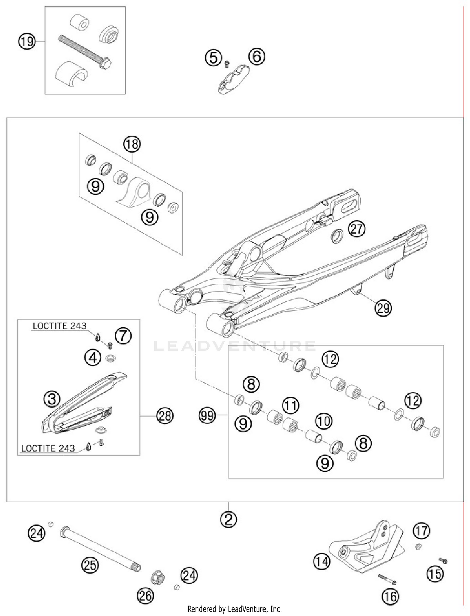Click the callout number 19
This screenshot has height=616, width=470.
coord(26,41)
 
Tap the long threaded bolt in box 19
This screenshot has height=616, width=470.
coord(84,52)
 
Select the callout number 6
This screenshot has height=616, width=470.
coord(257,57)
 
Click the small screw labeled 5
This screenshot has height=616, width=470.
coord(227,64)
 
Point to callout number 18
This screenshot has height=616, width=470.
coord(132,144)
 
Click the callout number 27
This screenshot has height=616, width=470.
coord(357,229)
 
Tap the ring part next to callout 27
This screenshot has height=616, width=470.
coord(337,236)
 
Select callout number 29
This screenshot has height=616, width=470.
coord(383,308)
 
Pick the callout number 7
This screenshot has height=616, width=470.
coord(123,336)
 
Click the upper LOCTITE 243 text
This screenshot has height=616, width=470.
coord(60,326)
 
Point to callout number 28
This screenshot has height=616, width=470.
coord(165,416)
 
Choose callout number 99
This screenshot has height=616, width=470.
coord(207,416)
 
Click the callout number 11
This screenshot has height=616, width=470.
coord(290,406)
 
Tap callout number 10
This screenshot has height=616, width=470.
coord(324,421)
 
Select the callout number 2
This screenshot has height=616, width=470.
coord(228,520)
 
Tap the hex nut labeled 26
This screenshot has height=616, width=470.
coord(158,577)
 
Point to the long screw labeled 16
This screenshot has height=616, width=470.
coord(387,579)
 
